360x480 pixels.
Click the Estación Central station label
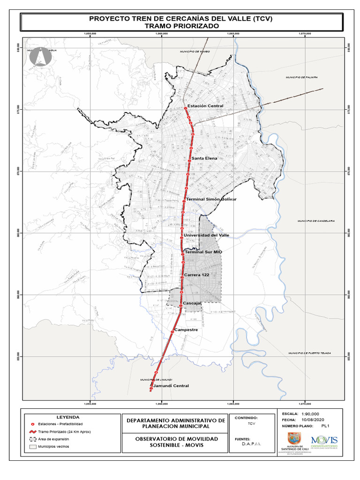[205, 106]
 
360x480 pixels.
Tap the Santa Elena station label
[204, 158]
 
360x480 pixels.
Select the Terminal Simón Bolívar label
[211, 199]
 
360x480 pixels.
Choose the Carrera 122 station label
[196, 274]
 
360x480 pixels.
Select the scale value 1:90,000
[310, 414]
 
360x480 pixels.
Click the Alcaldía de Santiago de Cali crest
[294, 439]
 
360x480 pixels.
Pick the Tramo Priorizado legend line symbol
[33, 432]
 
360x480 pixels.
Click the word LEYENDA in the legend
[68, 417]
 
